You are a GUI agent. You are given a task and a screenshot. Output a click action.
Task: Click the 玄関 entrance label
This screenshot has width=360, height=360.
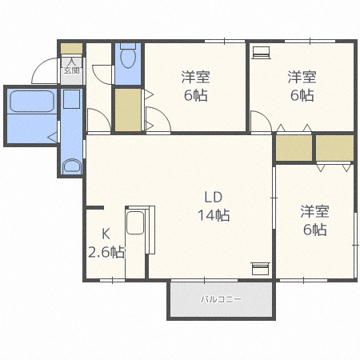click(71, 70)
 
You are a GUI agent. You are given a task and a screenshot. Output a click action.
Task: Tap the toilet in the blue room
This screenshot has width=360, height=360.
click(128, 58)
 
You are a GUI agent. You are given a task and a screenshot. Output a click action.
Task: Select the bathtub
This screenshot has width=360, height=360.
click(31, 102)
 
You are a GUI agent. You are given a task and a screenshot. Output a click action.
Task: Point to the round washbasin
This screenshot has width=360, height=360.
click(72, 166)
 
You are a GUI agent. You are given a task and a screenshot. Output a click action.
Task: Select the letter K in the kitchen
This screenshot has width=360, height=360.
click(105, 234)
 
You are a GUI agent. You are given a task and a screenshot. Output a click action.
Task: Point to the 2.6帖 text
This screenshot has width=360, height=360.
click(106, 252)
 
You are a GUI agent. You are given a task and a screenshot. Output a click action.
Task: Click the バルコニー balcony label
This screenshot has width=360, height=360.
click(220, 299)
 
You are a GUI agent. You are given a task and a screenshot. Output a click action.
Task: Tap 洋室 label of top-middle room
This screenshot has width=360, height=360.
click(194, 78)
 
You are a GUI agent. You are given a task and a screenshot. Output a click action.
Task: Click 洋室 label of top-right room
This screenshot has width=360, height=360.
click(302, 78)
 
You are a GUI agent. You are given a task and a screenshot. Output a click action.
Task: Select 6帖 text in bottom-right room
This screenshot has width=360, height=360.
click(314, 230)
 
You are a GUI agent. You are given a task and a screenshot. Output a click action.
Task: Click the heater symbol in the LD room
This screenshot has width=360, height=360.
click(261, 267)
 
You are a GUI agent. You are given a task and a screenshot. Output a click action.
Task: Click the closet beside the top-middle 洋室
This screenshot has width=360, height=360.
click(126, 110)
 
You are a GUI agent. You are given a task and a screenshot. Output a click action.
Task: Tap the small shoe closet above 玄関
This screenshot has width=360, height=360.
click(71, 48)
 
